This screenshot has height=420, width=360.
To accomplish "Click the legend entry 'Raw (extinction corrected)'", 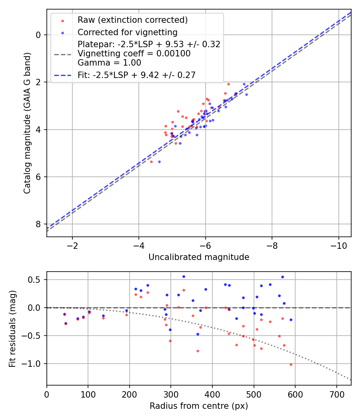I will click(x=132, y=20).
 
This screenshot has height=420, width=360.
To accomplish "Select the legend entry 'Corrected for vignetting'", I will click(x=127, y=32).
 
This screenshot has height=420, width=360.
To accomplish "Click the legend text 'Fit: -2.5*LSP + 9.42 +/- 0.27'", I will click(x=136, y=75).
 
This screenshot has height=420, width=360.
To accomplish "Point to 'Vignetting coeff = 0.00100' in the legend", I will click(x=134, y=54).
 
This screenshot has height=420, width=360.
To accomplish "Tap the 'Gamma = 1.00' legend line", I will click(x=109, y=63).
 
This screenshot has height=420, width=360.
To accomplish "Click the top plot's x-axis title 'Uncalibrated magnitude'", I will click(x=199, y=257).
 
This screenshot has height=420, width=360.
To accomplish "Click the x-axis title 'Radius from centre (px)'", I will click(x=199, y=406).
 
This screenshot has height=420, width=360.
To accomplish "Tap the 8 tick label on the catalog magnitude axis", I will click(x=38, y=224).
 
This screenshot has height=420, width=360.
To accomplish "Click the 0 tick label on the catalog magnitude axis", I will click(x=38, y=35).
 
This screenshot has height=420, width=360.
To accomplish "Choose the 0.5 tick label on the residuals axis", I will click(x=35, y=280).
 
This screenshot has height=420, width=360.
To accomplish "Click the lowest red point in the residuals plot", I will click(x=291, y=364).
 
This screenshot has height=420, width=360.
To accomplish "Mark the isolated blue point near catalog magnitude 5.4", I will click(x=159, y=162).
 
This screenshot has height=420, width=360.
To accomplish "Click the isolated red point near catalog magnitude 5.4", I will click(x=151, y=162).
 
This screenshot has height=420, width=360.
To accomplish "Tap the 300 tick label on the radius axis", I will click(x=171, y=394).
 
